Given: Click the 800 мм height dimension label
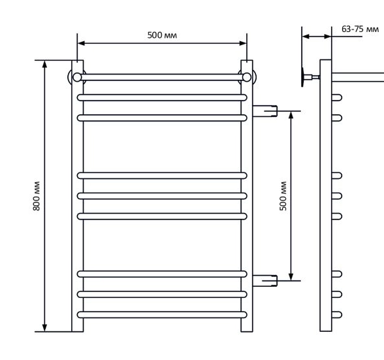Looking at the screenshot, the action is (37, 196).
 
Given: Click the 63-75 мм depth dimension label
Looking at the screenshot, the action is (360, 29).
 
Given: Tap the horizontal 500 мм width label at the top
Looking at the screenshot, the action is (162, 35).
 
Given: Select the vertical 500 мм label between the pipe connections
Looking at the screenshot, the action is (283, 196).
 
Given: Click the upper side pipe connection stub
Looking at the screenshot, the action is (264, 111).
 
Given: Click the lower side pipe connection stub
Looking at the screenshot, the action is (264, 281).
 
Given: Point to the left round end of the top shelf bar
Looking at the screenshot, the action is (77, 77).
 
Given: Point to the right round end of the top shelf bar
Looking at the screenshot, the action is (247, 77).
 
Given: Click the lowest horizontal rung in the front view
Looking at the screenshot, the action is (162, 315).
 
